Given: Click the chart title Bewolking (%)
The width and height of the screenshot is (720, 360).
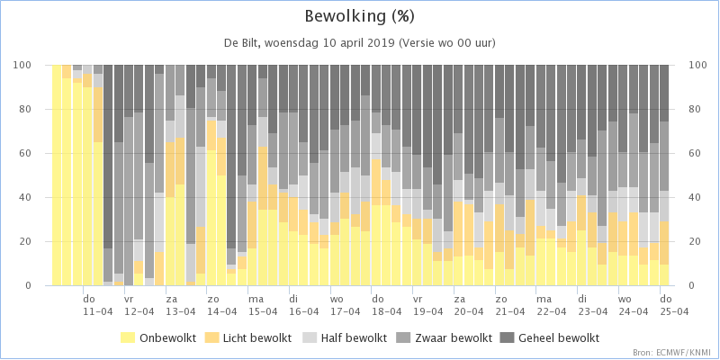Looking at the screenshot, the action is (359, 17).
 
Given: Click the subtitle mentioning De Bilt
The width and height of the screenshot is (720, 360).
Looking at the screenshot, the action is (359, 43).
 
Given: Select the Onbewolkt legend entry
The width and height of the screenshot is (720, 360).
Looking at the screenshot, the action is (158, 338).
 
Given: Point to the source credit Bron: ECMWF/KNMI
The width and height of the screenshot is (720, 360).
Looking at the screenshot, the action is (673, 353).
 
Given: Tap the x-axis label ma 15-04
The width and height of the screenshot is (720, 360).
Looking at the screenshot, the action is (263, 305).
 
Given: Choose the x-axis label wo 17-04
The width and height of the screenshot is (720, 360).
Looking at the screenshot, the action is (346, 305).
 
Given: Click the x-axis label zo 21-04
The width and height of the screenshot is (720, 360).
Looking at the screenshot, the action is (510, 305).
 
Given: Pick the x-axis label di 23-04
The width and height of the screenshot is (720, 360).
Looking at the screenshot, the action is (592, 305).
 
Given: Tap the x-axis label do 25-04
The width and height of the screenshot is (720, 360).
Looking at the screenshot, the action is (674, 305).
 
